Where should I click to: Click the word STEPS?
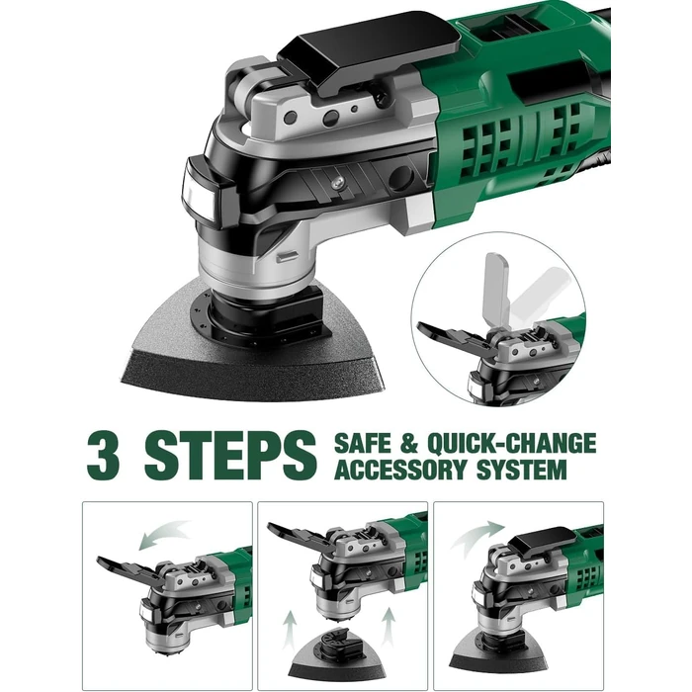(x=229, y=453)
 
